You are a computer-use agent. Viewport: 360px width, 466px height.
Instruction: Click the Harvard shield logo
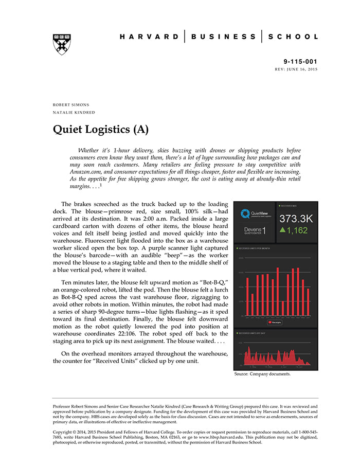click(x=62, y=44)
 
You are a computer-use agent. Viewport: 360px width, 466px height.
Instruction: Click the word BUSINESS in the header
click(x=223, y=37)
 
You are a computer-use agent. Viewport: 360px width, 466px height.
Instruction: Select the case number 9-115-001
click(x=301, y=61)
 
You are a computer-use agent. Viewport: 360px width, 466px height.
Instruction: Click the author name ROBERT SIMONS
click(x=71, y=104)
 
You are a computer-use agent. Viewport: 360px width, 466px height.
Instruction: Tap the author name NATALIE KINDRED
click(x=74, y=112)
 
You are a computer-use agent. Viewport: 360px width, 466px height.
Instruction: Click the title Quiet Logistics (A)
click(x=101, y=129)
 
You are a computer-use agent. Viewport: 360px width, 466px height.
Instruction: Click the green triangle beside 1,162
click(x=282, y=231)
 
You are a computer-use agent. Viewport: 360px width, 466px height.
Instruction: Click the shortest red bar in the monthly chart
click(x=283, y=308)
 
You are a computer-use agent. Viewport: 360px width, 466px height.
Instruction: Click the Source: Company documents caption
click(x=262, y=374)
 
